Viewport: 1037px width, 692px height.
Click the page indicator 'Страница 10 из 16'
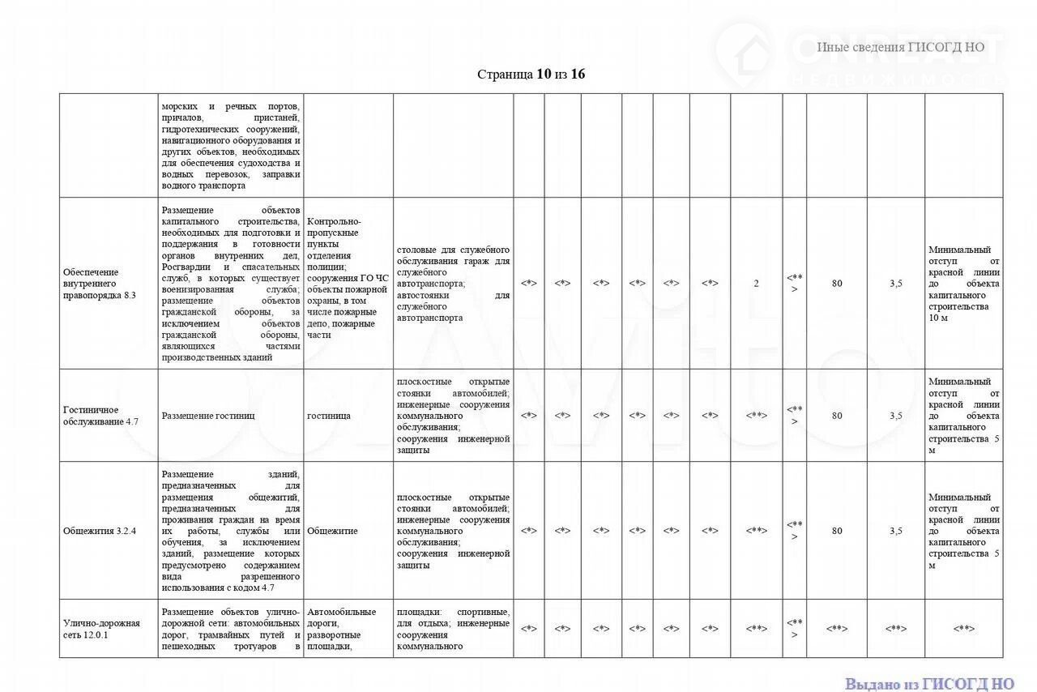pyautogui.click(x=531, y=75)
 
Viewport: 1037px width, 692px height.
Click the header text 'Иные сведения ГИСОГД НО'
pyautogui.click(x=900, y=47)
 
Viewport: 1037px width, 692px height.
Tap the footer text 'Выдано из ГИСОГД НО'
pyautogui.click(x=929, y=683)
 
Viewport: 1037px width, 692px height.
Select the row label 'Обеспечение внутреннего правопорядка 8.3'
pyautogui.click(x=99, y=284)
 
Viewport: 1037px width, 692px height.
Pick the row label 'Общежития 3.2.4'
pyautogui.click(x=100, y=532)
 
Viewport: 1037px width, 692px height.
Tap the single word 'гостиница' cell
pyautogui.click(x=329, y=416)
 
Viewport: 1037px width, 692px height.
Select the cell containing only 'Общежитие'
pyautogui.click(x=332, y=532)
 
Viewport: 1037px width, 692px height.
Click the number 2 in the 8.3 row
pyautogui.click(x=756, y=284)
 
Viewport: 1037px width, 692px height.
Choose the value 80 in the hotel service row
pyautogui.click(x=836, y=416)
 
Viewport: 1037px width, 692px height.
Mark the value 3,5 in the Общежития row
pyautogui.click(x=895, y=532)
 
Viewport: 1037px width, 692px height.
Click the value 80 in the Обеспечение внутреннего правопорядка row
pyautogui.click(x=836, y=284)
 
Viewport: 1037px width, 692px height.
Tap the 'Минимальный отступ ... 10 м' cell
pyautogui.click(x=963, y=284)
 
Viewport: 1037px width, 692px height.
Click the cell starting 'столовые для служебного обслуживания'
pyautogui.click(x=453, y=284)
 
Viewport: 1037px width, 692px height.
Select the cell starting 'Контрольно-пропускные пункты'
pyautogui.click(x=348, y=278)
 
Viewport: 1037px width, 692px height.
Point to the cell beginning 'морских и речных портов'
pyautogui.click(x=231, y=146)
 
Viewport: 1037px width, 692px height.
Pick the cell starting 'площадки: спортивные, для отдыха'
pyautogui.click(x=453, y=629)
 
